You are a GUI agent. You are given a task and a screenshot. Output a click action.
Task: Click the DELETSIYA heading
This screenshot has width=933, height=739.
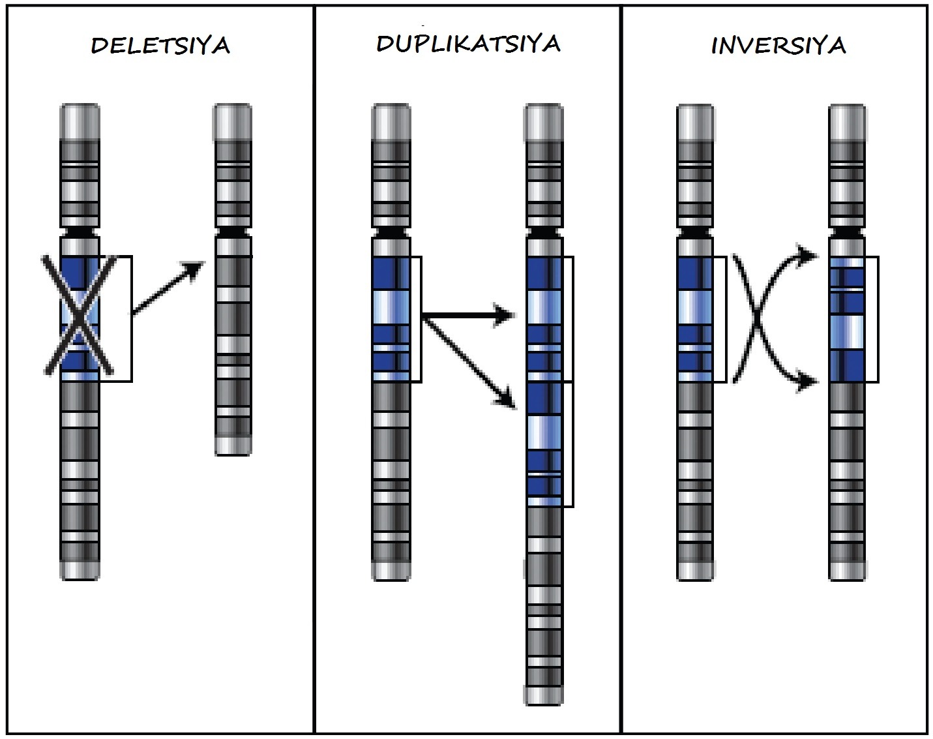(160, 46)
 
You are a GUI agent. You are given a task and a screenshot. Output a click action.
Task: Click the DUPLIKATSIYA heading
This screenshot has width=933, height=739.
(468, 44)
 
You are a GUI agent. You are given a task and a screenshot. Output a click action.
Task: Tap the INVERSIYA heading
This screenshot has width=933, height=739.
(778, 46)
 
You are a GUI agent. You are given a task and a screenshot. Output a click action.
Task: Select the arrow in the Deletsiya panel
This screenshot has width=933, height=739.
(168, 288)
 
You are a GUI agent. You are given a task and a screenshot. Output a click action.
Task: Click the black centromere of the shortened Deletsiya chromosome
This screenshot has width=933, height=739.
(232, 232)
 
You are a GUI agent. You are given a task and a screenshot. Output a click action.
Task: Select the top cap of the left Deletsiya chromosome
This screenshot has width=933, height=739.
(80, 121)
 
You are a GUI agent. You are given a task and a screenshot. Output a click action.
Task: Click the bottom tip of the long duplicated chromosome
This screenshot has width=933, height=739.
(544, 695)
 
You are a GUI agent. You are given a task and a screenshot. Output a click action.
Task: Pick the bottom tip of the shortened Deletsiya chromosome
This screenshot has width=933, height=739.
(233, 445)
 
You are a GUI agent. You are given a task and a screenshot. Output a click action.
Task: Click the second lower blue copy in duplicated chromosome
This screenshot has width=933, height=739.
(544, 444)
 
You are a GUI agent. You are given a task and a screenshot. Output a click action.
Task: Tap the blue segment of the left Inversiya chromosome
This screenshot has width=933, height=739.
(695, 319)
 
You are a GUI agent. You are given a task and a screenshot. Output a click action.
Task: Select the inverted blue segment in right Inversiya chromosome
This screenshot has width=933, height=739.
(847, 319)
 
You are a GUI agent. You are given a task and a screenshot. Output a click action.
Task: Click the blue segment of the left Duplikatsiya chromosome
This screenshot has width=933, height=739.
(391, 319)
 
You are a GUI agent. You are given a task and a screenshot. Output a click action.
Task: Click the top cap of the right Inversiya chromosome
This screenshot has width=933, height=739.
(847, 121)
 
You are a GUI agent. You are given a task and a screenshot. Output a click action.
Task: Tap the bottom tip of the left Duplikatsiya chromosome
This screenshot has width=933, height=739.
(391, 571)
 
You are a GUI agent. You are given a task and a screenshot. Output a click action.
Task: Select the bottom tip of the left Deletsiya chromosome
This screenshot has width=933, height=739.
(80, 571)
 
